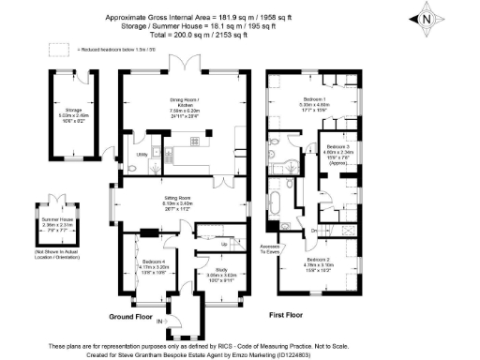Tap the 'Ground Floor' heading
pos(131,316)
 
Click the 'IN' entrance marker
pos(159,322)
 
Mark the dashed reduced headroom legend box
pos(59,48)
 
